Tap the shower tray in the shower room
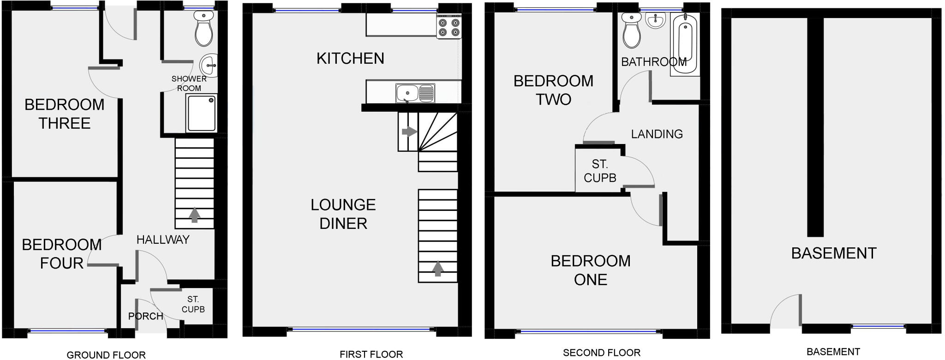(x=201, y=114)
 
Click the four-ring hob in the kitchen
(x=449, y=27)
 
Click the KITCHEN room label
(x=350, y=58)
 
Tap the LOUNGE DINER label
(x=343, y=214)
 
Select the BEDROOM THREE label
(x=65, y=114)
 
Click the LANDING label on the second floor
(x=657, y=134)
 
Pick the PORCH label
(x=145, y=316)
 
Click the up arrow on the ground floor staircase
(x=195, y=215)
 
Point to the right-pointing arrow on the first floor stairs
(x=409, y=132)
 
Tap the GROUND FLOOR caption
(x=106, y=354)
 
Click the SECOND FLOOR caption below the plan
(x=602, y=353)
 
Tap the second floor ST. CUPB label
(x=600, y=171)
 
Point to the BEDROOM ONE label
(x=591, y=270)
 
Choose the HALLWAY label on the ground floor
(x=163, y=240)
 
